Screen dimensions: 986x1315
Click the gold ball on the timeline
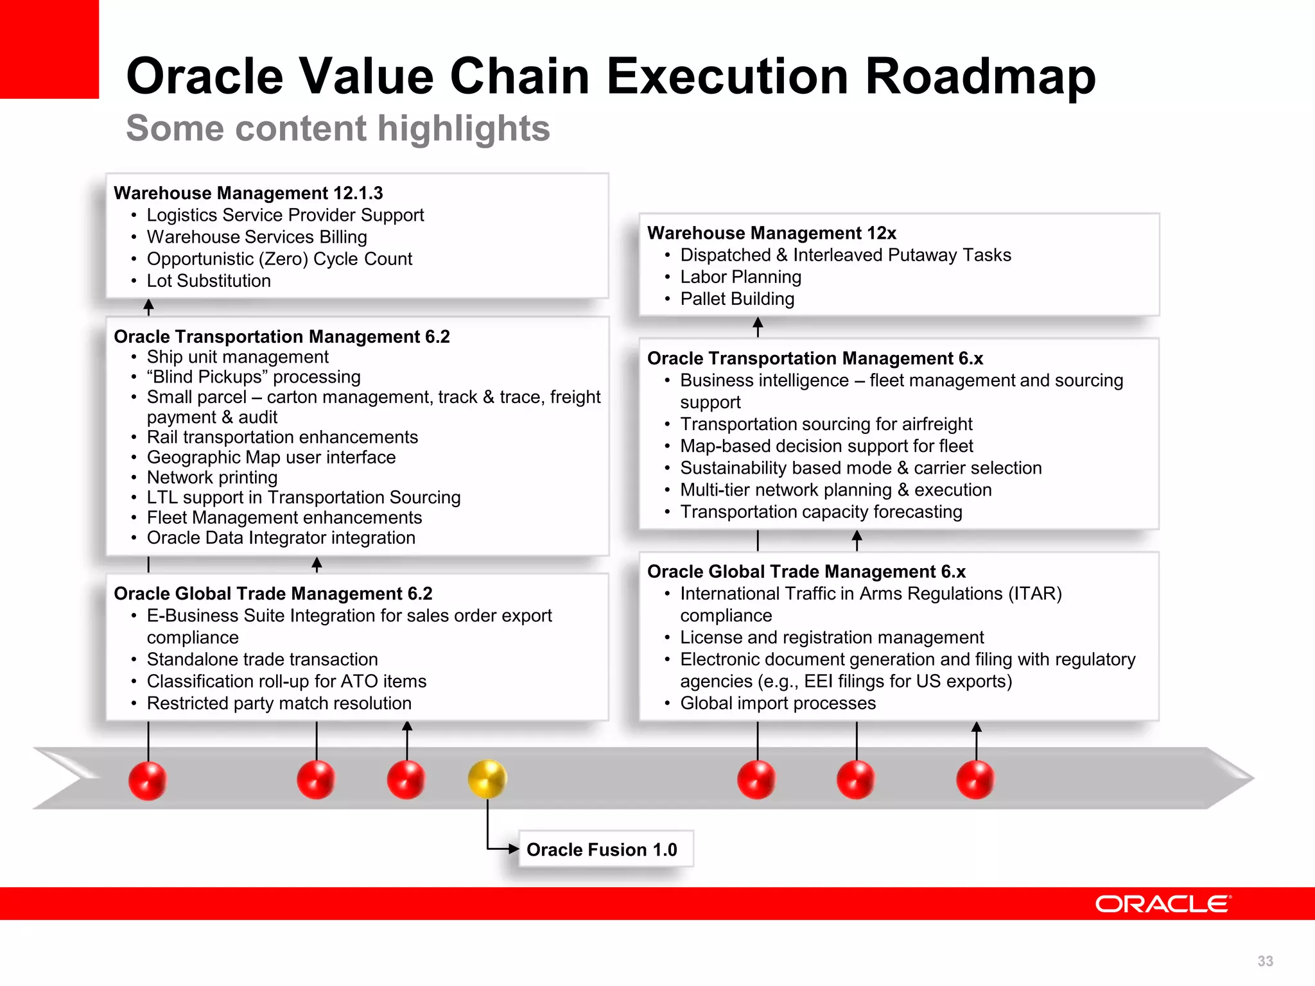487,779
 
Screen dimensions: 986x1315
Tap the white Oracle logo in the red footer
1163,904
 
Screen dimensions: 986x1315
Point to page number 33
1265,961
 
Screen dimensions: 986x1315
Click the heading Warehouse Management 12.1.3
248,193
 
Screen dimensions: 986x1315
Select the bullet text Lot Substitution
209,281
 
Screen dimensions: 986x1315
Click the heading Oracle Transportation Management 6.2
281,336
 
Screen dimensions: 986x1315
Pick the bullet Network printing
212,478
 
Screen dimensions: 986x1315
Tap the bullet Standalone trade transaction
262,659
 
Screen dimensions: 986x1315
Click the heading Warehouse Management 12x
771,233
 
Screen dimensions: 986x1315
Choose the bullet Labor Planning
740,277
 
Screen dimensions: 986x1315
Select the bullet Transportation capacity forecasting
821,512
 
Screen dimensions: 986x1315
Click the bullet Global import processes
778,704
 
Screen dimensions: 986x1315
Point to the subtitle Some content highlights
338,128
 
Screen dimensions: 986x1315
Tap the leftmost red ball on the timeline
148,780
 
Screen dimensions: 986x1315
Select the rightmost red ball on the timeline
975,780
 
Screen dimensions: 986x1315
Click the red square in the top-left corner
49,49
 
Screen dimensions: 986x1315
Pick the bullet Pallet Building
737,299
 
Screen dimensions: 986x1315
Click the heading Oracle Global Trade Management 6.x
806,572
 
